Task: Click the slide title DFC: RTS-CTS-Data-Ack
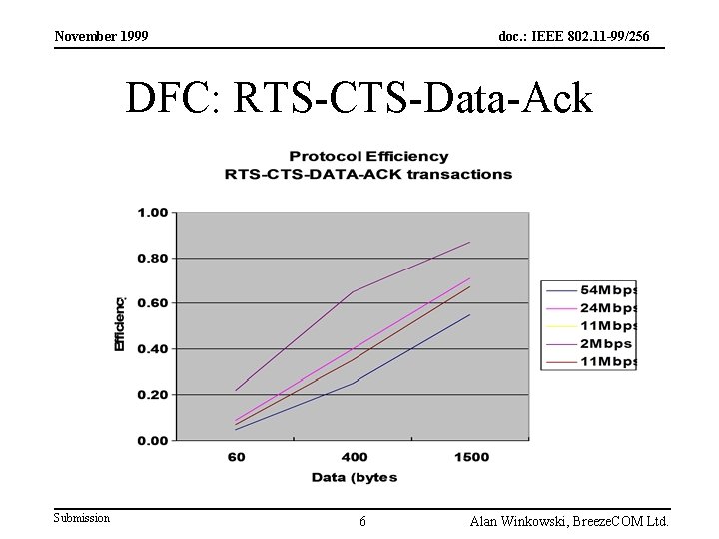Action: click(x=359, y=99)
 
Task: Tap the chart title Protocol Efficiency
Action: click(x=368, y=157)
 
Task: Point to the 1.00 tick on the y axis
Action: click(x=153, y=213)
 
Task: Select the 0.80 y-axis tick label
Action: click(x=153, y=258)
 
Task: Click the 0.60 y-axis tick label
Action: click(x=153, y=303)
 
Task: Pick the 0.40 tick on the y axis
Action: click(x=153, y=349)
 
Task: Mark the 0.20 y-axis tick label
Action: click(x=153, y=395)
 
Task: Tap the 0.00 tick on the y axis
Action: click(x=153, y=440)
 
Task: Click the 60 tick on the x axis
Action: click(x=236, y=457)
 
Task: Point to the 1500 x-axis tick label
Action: click(x=470, y=457)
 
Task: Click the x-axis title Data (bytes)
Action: click(x=354, y=477)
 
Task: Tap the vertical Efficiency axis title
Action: click(x=119, y=323)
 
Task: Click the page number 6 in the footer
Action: click(x=362, y=521)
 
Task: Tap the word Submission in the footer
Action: click(x=82, y=518)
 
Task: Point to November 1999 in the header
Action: click(x=101, y=37)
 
